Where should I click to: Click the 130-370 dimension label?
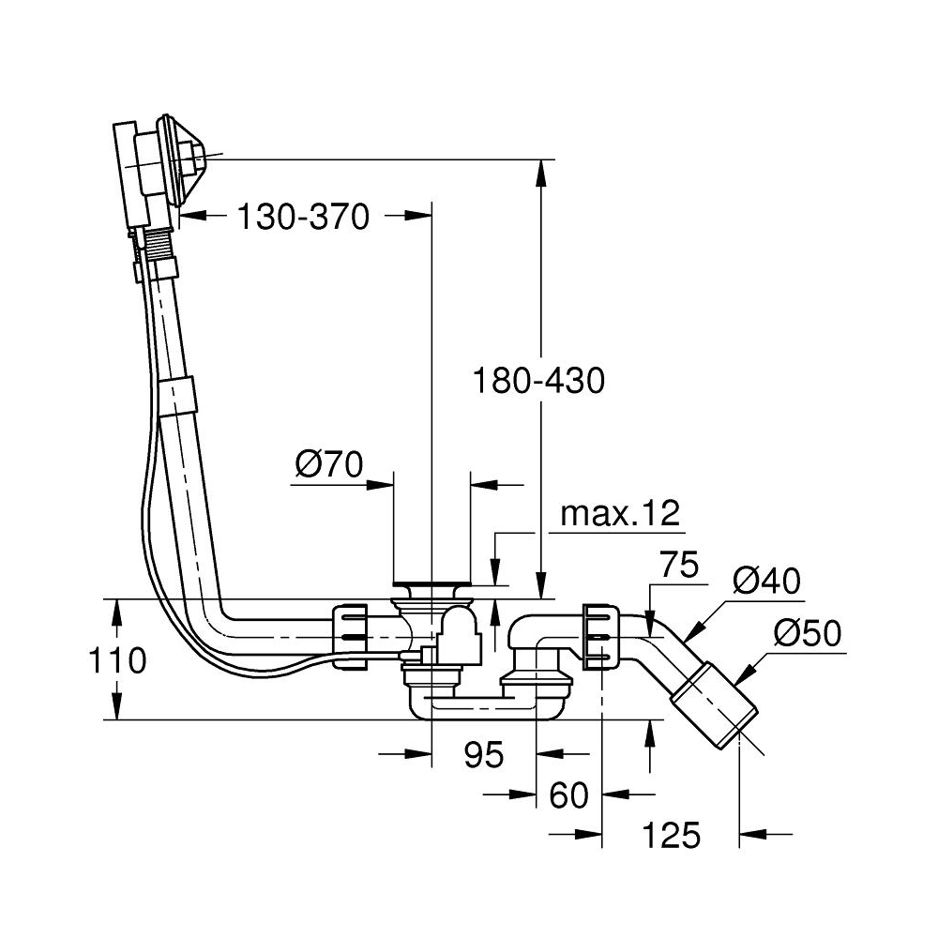pos(303,218)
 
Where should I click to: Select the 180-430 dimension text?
pos(538,381)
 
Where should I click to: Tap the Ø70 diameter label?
pos(328,465)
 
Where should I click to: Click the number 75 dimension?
pos(679,566)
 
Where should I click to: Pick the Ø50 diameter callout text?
pos(808,635)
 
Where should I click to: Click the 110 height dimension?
pos(120,660)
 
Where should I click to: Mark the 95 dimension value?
pos(484,753)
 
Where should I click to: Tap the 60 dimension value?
pos(568,795)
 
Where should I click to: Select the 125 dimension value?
pos(672,835)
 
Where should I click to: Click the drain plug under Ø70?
pos(432,590)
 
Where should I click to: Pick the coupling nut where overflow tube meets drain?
pos(351,636)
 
